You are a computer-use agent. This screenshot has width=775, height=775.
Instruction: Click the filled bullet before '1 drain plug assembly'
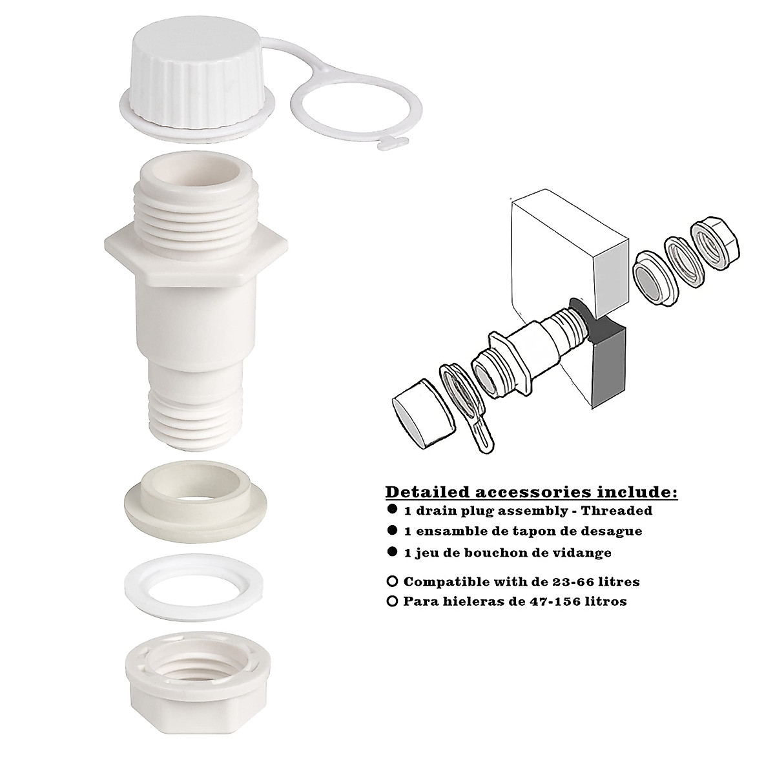(x=392, y=510)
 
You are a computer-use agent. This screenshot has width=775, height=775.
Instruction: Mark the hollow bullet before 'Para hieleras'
(x=392, y=601)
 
